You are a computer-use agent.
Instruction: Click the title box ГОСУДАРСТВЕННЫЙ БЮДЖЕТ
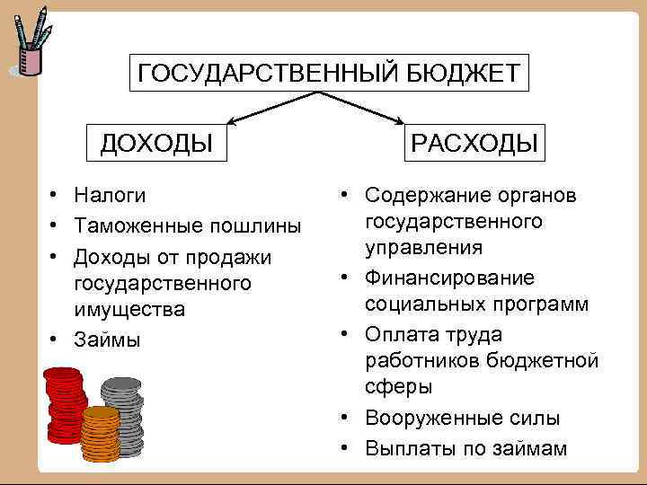coord(329,73)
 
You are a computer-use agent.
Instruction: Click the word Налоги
coord(111,195)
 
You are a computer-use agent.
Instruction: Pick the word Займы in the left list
coord(108,340)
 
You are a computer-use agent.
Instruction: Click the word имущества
coord(129,310)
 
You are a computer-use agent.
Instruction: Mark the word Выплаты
coord(403,447)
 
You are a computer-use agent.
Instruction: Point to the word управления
coord(424,247)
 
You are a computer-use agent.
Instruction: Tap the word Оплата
coord(402,334)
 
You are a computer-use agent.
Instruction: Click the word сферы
coord(399,387)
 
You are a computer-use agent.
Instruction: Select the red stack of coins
coord(65,404)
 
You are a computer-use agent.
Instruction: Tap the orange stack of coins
coord(100,435)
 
